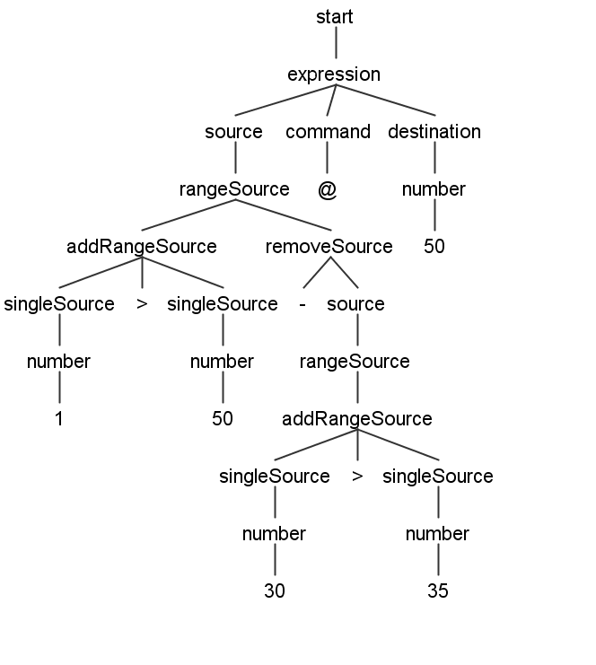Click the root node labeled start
point(335,17)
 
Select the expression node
point(334,74)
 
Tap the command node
point(328,132)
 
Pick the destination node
point(434,132)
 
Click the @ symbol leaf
point(327,190)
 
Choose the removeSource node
point(329,247)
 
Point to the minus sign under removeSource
point(302,304)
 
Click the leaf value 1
point(59,419)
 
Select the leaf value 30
point(275,591)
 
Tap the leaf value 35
point(438,591)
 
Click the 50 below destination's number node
point(434,247)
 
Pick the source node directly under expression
point(233,132)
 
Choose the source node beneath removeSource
point(355,304)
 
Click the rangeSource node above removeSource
point(234,189)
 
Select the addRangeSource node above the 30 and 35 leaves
point(357,419)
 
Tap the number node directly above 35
point(437,534)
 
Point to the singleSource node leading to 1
point(59,304)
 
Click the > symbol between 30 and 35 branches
point(357,477)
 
